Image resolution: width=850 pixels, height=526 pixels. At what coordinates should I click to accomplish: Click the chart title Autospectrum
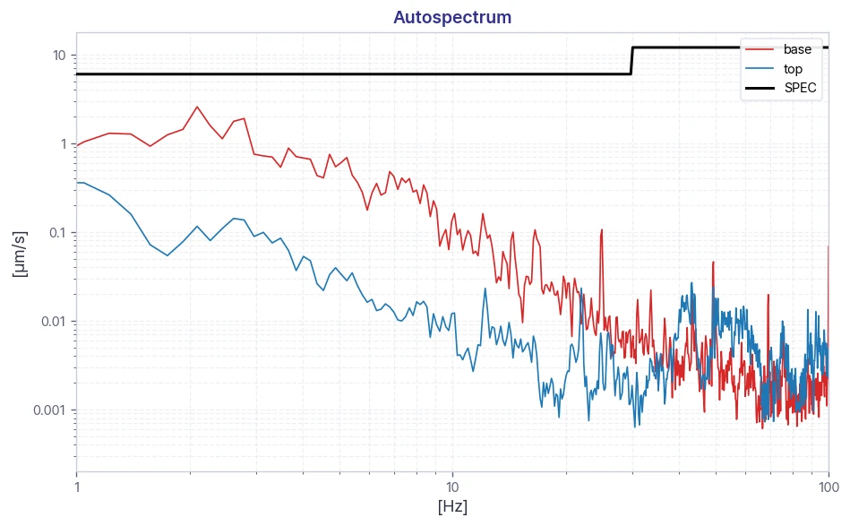[x=452, y=17]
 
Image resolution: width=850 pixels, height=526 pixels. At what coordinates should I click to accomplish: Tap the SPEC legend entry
[x=781, y=88]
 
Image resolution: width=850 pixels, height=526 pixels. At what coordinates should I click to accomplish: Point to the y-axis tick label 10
[x=59, y=56]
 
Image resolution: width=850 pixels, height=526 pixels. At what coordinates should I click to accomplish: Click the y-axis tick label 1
[x=64, y=144]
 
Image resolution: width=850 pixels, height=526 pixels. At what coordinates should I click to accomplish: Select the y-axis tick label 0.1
[x=57, y=233]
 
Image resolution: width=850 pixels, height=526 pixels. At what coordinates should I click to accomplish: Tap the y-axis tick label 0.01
[x=54, y=322]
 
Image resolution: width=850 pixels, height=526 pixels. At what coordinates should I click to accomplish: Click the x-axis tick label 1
[x=77, y=487]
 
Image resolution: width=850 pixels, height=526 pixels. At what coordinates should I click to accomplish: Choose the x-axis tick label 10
[x=452, y=487]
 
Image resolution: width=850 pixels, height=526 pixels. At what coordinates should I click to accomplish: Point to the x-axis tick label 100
[x=829, y=487]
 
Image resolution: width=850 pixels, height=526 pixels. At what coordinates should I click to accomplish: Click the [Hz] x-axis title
[x=452, y=506]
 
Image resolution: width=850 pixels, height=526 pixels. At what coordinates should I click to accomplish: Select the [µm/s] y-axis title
[x=20, y=254]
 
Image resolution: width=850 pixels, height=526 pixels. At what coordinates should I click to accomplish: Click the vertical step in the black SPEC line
[x=631, y=61]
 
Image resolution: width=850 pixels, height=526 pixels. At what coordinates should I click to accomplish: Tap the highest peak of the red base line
[x=197, y=107]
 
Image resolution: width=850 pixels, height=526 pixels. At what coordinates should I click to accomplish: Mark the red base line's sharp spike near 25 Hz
[x=601, y=230]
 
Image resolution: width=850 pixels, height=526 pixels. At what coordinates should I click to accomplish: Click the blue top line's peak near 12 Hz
[x=485, y=289]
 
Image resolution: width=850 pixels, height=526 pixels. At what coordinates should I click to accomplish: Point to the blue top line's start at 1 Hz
[x=77, y=183]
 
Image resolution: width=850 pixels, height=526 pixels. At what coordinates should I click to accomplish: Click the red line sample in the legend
[x=760, y=49]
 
